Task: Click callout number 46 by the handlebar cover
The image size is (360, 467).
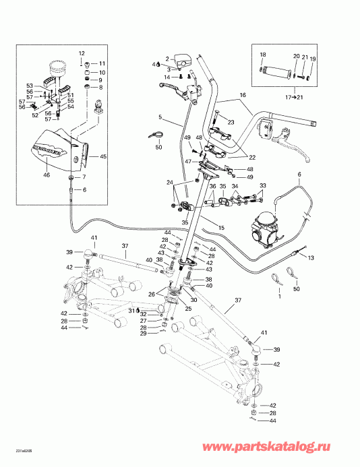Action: click(47, 175)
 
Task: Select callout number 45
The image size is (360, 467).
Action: click(103, 156)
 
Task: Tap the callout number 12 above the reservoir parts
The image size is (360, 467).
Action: click(82, 53)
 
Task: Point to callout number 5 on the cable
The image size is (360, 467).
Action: click(160, 117)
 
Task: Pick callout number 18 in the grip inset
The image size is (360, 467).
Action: click(263, 55)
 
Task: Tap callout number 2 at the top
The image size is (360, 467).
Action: click(168, 59)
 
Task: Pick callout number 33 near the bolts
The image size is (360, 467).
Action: click(263, 185)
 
